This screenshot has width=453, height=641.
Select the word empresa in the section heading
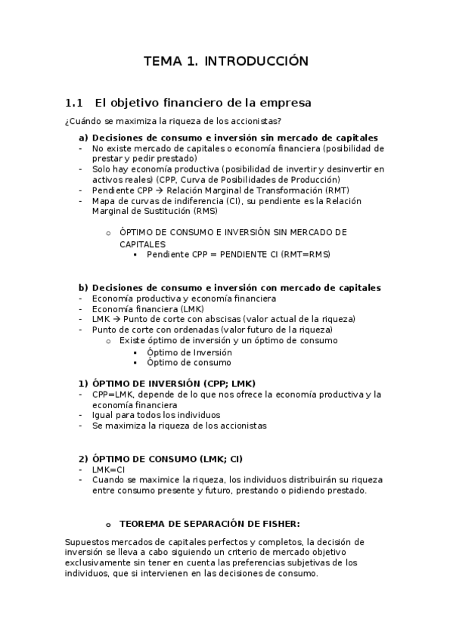click(x=284, y=103)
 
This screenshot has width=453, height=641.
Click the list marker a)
click(x=83, y=138)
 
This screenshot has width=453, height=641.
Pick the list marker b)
click(x=83, y=287)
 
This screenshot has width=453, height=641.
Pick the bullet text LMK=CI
click(x=109, y=469)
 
